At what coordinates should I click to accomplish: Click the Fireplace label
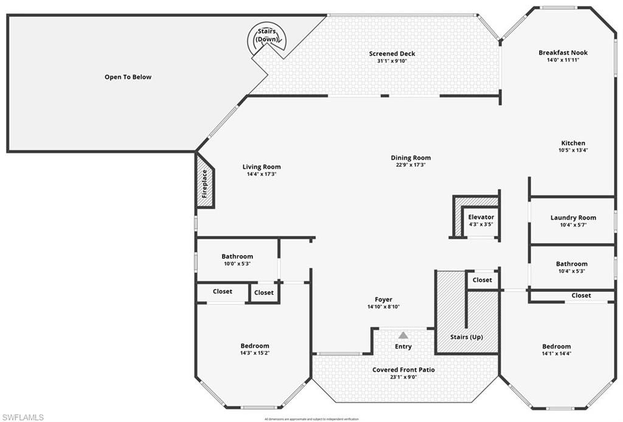(x=205, y=183)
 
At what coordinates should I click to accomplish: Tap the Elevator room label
(x=481, y=217)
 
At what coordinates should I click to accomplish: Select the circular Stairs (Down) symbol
(x=266, y=39)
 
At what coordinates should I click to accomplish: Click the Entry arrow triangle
(x=403, y=334)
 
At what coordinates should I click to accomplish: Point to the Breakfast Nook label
(x=563, y=52)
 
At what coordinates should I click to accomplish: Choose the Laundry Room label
(x=573, y=217)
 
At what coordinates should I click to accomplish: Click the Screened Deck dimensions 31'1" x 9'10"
(x=392, y=61)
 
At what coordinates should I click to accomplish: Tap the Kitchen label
(x=573, y=142)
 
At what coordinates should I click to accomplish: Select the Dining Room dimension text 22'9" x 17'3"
(x=411, y=164)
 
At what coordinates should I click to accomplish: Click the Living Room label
(x=262, y=167)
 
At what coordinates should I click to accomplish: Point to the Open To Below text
(x=128, y=77)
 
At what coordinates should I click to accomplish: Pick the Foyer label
(x=383, y=299)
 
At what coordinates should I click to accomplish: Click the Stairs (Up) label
(x=467, y=337)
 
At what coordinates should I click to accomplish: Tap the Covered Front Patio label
(x=403, y=370)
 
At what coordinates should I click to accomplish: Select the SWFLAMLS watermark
(x=23, y=417)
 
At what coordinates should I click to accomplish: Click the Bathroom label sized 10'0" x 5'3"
(x=237, y=256)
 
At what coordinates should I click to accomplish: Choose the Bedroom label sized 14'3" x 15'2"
(x=254, y=345)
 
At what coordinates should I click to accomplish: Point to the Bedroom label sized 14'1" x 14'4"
(x=557, y=346)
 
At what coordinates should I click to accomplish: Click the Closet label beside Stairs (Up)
(x=482, y=280)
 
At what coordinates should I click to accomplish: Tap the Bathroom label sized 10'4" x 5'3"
(x=572, y=264)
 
